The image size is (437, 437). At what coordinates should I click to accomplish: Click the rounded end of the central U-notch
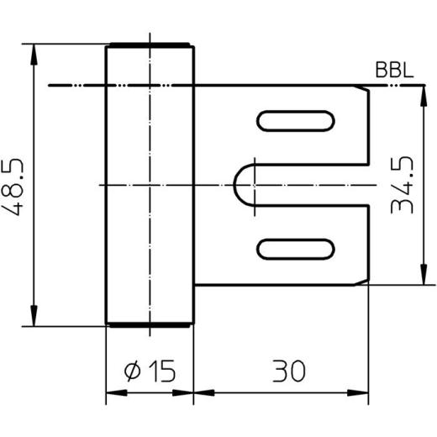coord(243,184)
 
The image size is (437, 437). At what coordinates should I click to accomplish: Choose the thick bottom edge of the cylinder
coord(149,324)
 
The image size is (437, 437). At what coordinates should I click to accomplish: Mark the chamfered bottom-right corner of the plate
coord(368,281)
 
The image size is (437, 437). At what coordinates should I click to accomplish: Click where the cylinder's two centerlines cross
coord(149,184)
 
